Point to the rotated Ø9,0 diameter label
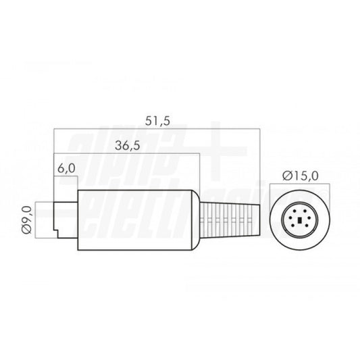click(x=26, y=220)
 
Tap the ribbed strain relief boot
click(x=230, y=219)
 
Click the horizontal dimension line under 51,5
click(x=156, y=128)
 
